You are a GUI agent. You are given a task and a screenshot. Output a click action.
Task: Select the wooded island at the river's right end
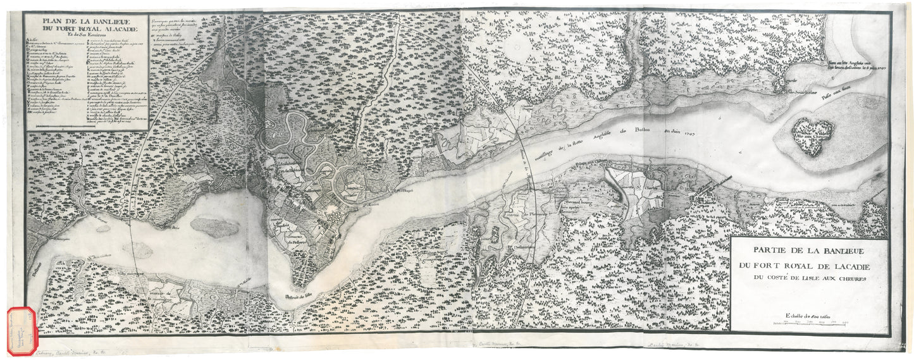click(x=813, y=135)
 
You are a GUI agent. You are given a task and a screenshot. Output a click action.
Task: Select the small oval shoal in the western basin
click(x=214, y=227)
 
